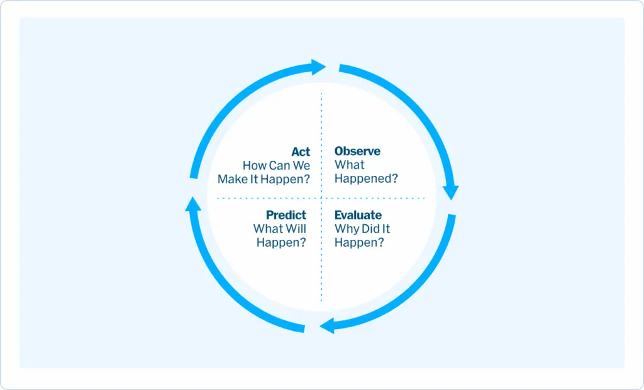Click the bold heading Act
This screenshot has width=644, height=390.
(301, 152)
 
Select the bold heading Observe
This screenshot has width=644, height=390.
(357, 151)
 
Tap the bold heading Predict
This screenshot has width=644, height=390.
(286, 215)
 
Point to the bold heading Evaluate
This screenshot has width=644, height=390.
(358, 215)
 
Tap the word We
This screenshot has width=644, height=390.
(301, 165)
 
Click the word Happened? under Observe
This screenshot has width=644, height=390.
(367, 179)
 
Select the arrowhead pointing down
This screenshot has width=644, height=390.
(451, 192)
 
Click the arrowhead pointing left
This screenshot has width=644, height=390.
(327, 327)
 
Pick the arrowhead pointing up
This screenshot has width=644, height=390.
(193, 204)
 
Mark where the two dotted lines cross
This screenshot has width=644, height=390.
(321, 198)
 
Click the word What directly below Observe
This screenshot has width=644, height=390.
(350, 165)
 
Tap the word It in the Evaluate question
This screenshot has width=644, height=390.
(386, 229)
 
